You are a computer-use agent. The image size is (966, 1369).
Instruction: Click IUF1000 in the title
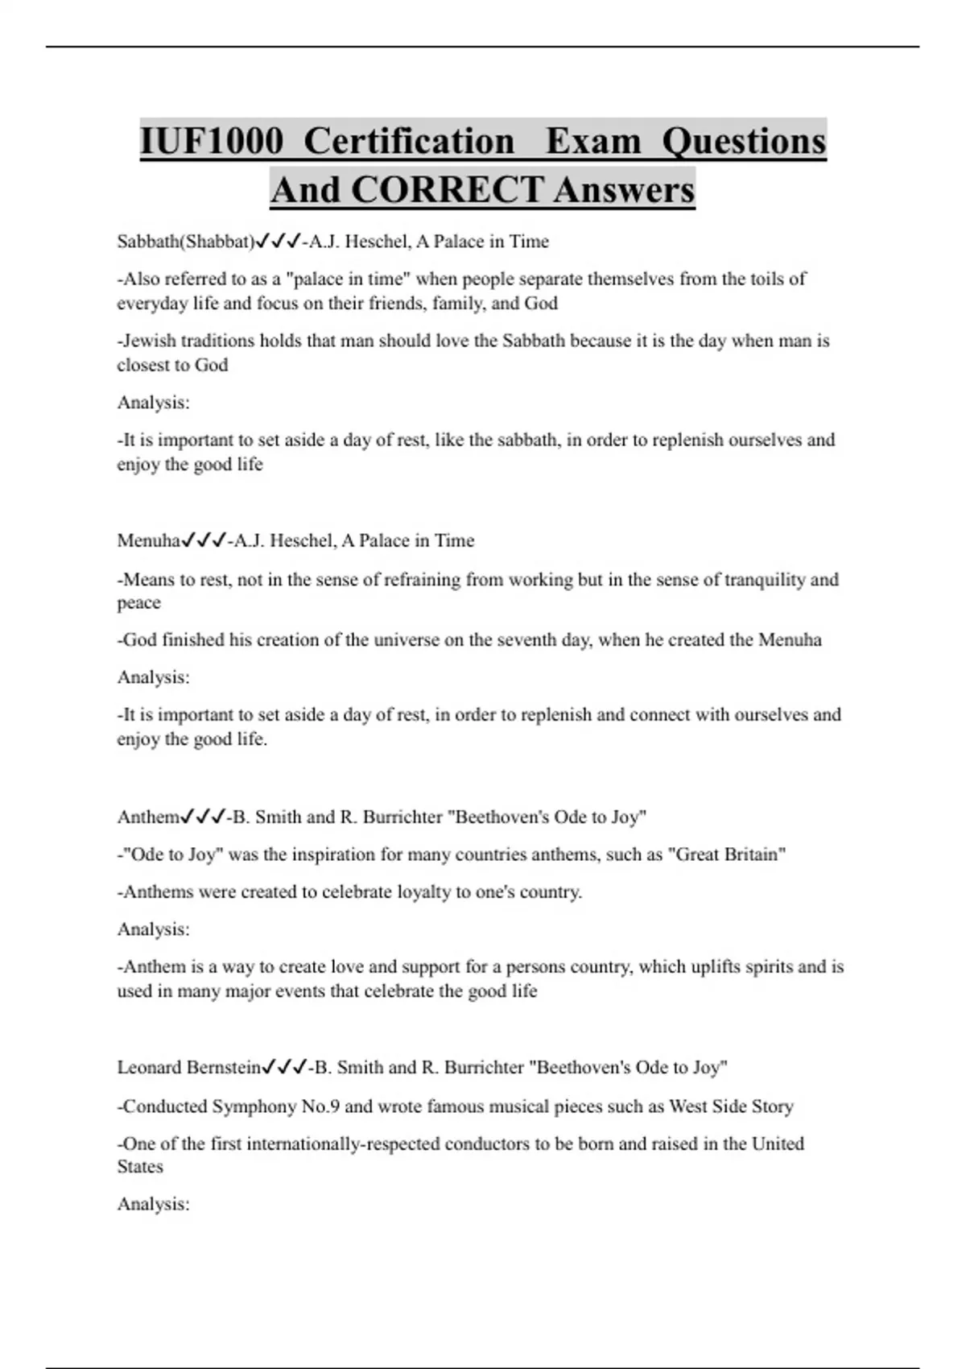coord(212,142)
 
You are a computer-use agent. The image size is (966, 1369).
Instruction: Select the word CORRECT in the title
coord(447,191)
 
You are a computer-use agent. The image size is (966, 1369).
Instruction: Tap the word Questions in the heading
coord(744,142)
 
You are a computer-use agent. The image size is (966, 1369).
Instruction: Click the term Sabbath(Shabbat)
coord(185,242)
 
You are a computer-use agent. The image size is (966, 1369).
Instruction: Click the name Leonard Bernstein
coord(189,1068)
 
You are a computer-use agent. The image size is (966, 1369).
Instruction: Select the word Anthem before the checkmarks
coord(148,817)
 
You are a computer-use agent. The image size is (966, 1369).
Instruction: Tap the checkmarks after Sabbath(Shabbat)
coord(278,242)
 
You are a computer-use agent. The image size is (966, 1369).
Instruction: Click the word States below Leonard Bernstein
coord(140,1167)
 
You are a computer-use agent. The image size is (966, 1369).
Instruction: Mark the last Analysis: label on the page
coord(154,1205)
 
